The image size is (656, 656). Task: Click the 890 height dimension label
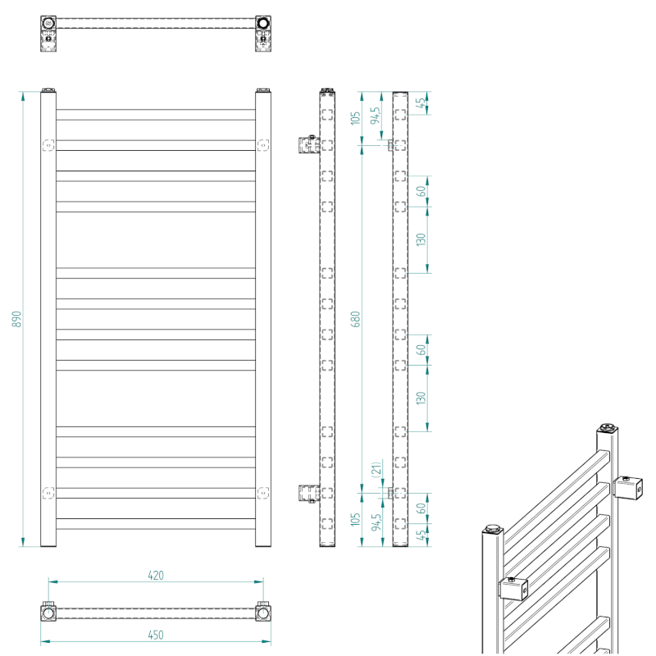coord(16,319)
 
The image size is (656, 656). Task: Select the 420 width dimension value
coord(156,575)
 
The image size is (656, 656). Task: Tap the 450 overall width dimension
coord(156,635)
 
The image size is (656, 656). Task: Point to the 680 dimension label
coord(356,319)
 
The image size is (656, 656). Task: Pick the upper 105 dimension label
coord(356,116)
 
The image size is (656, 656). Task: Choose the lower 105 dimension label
coord(356,520)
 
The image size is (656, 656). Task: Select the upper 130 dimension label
coord(421,240)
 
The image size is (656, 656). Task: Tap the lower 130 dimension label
coord(421,399)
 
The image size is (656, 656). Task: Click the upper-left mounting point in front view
coord(48,145)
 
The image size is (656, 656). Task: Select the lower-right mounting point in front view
coord(262,492)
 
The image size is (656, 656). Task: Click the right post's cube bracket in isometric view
coord(629,489)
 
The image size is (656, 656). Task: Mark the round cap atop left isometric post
coord(492,527)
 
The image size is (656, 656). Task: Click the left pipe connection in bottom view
coord(48,613)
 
